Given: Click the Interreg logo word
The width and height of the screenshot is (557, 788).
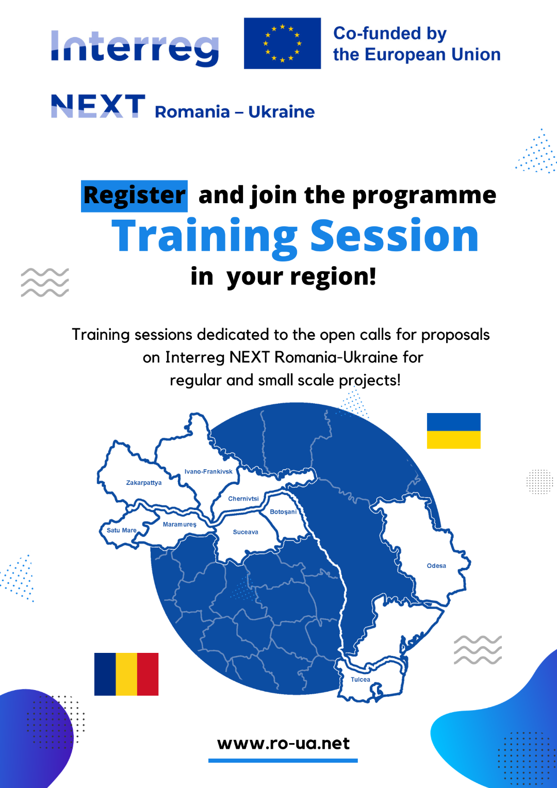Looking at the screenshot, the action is pos(135,48).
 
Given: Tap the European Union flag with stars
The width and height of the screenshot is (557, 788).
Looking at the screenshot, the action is pos(282,43).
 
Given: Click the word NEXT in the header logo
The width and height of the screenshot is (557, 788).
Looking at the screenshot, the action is pos(98,106).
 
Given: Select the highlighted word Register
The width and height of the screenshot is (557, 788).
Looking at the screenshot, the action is pos(135,196).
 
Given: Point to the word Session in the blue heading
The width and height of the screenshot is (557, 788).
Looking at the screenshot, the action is pos(395,235).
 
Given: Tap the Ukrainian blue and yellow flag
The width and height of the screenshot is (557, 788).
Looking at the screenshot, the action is pos(453,431).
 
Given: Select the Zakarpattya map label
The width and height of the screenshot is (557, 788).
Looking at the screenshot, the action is pos(144,483).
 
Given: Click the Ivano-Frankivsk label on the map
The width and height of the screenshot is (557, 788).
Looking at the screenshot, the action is pos(209,471).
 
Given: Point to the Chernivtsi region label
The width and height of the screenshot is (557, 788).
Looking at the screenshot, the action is pos(243,499).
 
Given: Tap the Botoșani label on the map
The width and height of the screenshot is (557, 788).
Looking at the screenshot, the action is pos(283,512).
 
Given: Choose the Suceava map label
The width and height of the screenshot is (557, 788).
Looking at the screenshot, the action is pos(245,532).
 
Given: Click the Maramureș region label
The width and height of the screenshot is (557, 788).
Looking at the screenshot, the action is pos(179,524).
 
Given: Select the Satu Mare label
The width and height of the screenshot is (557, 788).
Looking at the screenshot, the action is pos(121,530).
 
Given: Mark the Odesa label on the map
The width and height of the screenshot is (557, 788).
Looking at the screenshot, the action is pos(436,566).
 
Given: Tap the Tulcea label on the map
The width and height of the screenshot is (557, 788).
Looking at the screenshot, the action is pos(361,679).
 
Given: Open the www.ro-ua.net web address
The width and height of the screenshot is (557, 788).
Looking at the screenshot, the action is pos(284,743).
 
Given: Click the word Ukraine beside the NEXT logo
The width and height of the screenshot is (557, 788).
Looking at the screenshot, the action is pos(282,112).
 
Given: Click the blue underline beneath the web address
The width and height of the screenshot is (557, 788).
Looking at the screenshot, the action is pos(283,760).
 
